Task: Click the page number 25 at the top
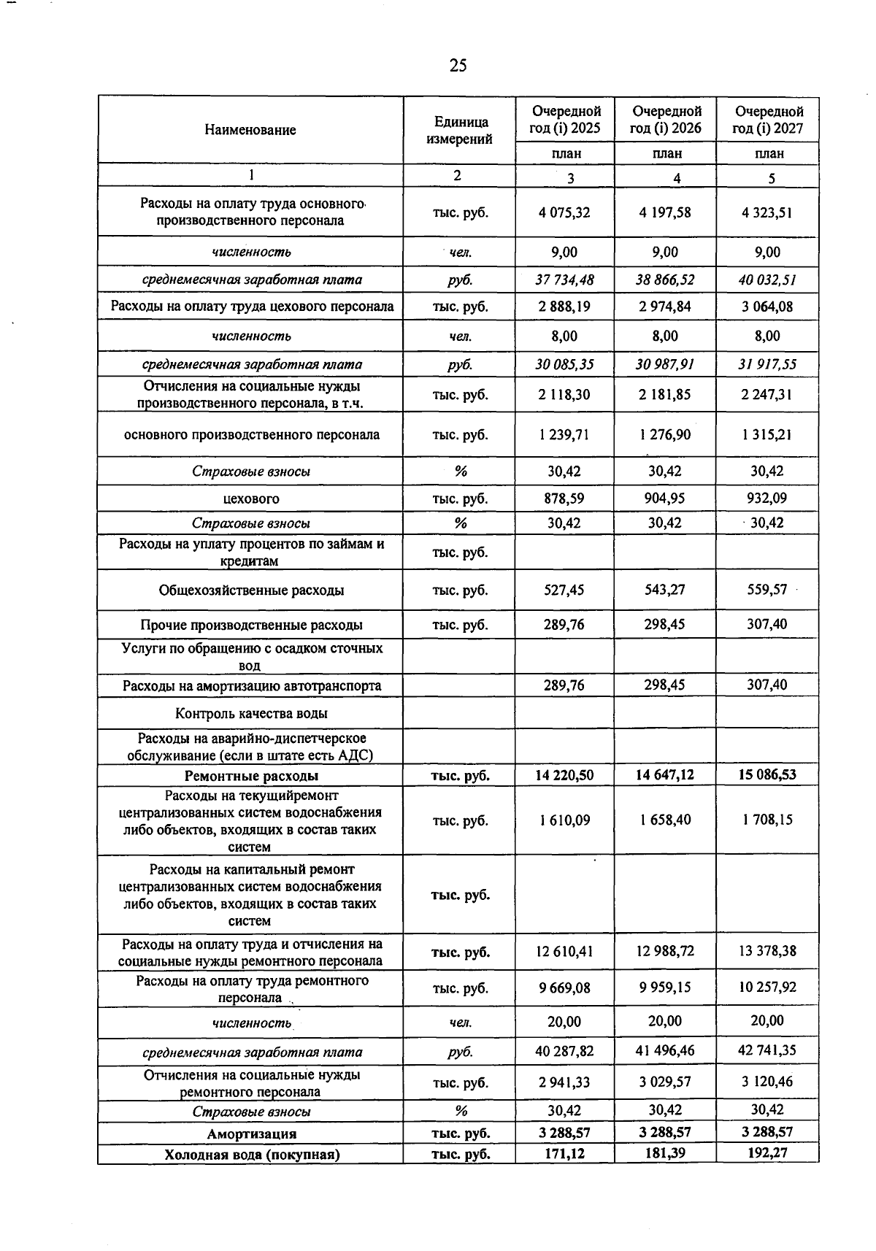458,66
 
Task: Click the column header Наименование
250,130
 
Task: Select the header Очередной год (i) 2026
666,120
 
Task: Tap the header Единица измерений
459,130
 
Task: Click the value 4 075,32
564,212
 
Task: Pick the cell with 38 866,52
665,280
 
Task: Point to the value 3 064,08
767,307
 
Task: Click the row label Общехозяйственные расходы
251,590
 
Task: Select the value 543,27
665,589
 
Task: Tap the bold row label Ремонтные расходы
251,775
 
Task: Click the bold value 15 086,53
767,774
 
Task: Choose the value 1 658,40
665,820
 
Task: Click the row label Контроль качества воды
251,713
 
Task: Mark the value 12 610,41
564,951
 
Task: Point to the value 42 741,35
767,1050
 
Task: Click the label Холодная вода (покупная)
251,1154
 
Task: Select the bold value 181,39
665,1153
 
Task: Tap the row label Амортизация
251,1133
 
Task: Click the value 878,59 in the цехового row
564,499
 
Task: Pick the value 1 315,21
767,434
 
